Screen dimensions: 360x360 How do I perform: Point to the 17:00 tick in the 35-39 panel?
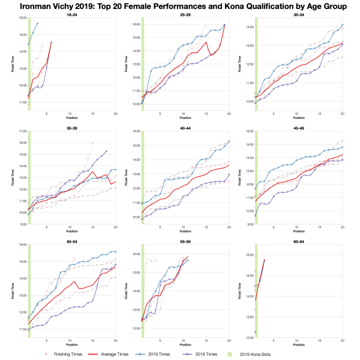(21, 131)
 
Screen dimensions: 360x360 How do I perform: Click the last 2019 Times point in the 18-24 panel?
(37, 23)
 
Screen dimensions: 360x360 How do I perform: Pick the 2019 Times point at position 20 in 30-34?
(342, 25)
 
